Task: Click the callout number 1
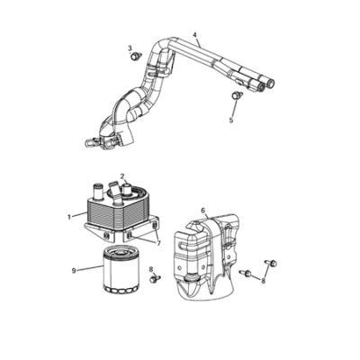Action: pos(69,217)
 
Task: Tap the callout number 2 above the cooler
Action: pos(122,175)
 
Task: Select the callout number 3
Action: pos(130,48)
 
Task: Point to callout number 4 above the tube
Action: pos(195,35)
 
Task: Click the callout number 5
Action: pos(231,120)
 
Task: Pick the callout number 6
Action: pos(203,211)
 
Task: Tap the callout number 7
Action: pos(158,244)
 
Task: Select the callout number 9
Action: pos(74,271)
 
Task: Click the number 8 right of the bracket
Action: pos(264,281)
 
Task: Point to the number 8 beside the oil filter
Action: pos(151,269)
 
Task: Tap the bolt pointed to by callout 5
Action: pos(238,95)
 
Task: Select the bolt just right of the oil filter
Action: pos(155,279)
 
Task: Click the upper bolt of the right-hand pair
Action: pos(271,263)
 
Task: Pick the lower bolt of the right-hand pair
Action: pos(246,273)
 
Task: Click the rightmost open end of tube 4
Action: pos(272,83)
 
